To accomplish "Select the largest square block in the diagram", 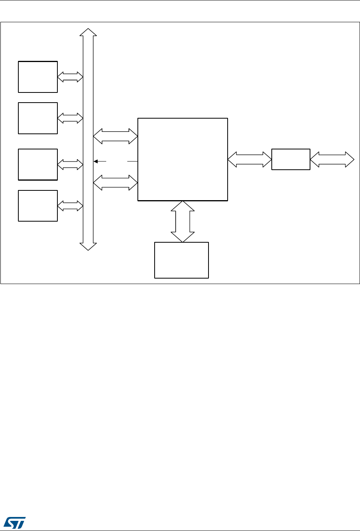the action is click(x=182, y=159).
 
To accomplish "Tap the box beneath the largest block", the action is click(x=182, y=260).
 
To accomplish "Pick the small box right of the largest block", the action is click(x=291, y=159).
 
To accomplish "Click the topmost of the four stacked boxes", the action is click(x=38, y=77).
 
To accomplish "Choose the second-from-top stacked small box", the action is click(x=38, y=118).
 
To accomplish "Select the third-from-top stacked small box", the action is click(x=38, y=164).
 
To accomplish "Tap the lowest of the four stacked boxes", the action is click(x=38, y=206).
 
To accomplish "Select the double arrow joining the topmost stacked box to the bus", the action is click(x=70, y=77).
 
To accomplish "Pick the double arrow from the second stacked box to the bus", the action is click(x=70, y=118).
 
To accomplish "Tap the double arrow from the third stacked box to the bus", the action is click(x=70, y=164).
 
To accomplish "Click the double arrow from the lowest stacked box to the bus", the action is click(x=70, y=206).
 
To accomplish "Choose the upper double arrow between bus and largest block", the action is click(x=116, y=137).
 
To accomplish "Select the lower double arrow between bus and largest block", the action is click(x=116, y=182).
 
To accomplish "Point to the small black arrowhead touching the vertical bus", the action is click(x=96, y=161).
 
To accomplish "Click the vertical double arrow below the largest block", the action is click(x=182, y=221).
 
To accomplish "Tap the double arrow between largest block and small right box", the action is click(x=250, y=159).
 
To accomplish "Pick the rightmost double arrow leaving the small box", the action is click(x=332, y=159).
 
